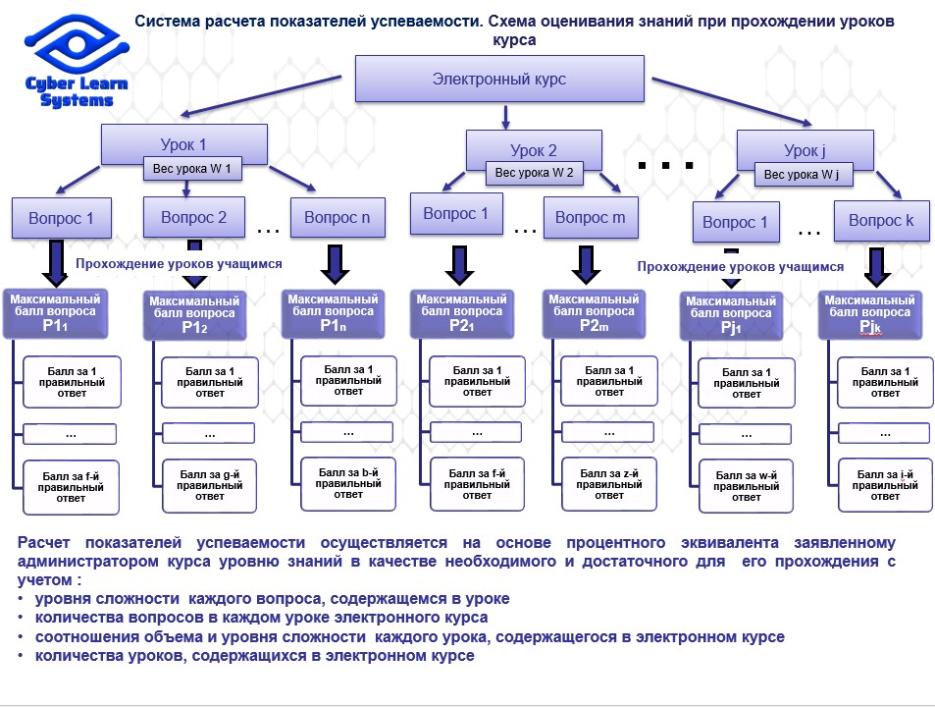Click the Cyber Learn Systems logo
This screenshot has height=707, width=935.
77,61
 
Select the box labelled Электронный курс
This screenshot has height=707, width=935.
499,79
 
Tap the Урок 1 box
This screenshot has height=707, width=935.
183,144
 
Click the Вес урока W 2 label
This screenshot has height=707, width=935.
534,173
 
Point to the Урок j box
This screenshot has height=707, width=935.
805,150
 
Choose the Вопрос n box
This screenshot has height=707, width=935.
338,218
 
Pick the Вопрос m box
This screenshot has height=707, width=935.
591,217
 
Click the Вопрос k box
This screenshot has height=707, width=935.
881,221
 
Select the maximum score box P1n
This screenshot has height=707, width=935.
333,313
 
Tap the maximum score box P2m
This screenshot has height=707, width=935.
594,313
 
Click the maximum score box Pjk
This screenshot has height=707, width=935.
870,314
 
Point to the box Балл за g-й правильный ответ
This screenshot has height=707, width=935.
210,486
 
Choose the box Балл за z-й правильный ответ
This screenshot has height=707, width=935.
609,484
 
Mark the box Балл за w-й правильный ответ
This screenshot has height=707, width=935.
746,486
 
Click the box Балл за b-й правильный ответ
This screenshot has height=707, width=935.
348,484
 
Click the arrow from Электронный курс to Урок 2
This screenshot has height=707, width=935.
505,118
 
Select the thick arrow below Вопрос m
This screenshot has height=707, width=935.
586,265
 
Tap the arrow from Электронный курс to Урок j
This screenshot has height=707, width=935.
732,101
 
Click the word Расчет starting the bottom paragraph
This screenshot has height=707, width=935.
43,543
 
